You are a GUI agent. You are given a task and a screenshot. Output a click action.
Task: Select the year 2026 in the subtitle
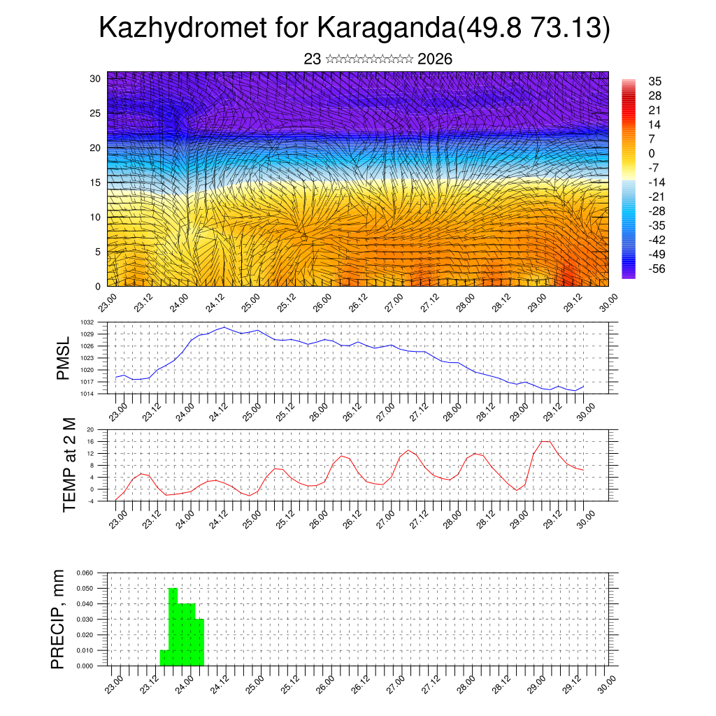point(435,59)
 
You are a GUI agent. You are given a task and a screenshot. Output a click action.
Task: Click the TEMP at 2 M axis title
point(69,464)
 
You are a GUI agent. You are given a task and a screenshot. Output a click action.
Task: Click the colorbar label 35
point(655,81)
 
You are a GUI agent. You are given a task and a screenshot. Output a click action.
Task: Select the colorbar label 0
point(652,153)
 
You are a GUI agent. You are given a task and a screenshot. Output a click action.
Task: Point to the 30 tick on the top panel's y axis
point(95,78)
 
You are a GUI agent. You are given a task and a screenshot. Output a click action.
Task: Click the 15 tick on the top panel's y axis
point(95,182)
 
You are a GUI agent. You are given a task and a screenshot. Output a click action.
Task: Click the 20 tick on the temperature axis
point(91,429)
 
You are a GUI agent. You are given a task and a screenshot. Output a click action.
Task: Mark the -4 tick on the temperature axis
point(91,501)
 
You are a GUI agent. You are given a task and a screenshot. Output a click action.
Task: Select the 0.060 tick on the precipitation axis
point(85,573)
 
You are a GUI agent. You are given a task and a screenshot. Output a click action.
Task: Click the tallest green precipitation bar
point(173,626)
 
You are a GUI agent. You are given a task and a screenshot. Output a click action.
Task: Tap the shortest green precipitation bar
point(164,658)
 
